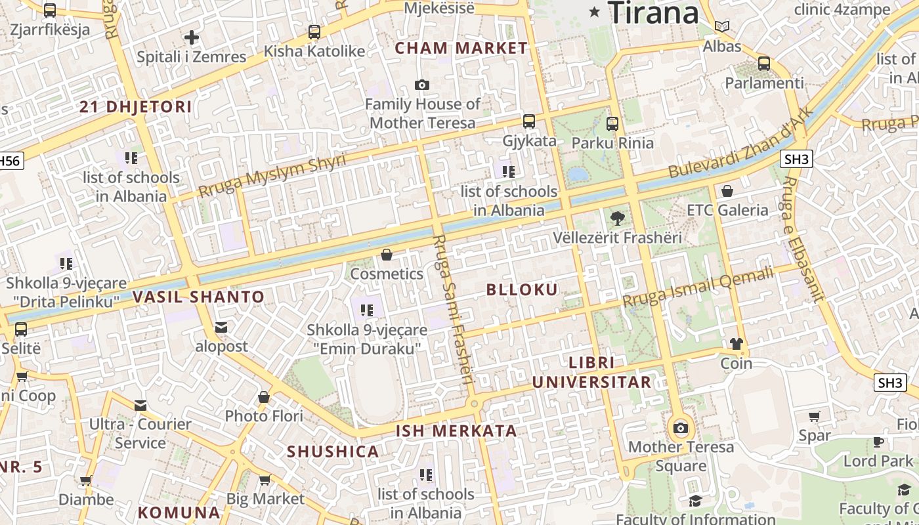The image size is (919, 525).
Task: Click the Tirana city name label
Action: (654, 12)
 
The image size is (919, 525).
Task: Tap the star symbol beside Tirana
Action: (595, 12)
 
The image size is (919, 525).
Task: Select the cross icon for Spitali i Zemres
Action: (192, 37)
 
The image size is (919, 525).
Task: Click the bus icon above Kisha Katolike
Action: (314, 31)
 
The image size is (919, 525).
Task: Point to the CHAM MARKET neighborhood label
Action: (461, 48)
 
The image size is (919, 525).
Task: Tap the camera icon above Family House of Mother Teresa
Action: (422, 85)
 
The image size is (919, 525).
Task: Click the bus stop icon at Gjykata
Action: (528, 121)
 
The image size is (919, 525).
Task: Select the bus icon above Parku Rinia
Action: (612, 123)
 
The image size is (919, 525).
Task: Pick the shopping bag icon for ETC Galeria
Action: (727, 191)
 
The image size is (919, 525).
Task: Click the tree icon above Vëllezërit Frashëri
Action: (617, 218)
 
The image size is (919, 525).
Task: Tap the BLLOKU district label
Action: (523, 289)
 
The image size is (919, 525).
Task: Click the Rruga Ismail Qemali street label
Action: (698, 287)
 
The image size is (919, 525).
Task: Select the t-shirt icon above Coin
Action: (736, 344)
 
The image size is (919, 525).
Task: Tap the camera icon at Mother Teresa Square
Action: (681, 429)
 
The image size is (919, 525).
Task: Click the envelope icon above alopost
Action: (221, 327)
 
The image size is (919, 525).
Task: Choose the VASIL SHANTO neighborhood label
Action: (198, 297)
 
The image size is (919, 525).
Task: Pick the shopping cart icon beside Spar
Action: (815, 416)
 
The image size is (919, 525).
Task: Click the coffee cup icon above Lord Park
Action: (878, 442)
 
